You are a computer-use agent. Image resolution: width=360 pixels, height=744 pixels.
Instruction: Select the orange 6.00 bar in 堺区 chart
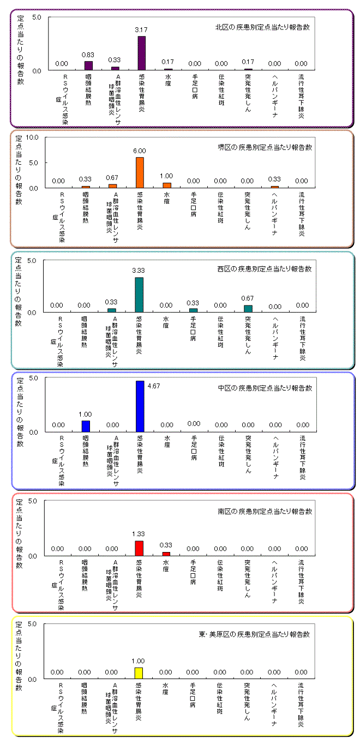[140, 172]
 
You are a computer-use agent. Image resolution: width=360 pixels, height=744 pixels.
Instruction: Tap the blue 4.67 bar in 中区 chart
[140, 406]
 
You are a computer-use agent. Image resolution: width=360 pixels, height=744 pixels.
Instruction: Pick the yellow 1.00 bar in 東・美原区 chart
[139, 673]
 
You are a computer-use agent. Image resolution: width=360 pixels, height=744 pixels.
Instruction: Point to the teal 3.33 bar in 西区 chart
[139, 295]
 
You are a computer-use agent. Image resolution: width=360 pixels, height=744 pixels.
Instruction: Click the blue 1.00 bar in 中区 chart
[86, 426]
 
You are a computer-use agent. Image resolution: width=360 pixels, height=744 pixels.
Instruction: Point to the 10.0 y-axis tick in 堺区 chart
[32, 137]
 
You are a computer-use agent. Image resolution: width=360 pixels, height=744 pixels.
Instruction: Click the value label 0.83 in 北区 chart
[88, 55]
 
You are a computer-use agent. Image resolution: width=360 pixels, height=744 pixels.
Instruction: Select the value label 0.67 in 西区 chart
[248, 299]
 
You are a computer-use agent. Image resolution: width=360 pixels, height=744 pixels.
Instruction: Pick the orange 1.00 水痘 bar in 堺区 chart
[167, 185]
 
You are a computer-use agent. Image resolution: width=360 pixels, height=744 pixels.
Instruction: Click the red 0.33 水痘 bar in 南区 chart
[166, 554]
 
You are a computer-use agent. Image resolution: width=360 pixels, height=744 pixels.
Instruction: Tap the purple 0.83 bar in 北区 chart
[88, 65]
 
